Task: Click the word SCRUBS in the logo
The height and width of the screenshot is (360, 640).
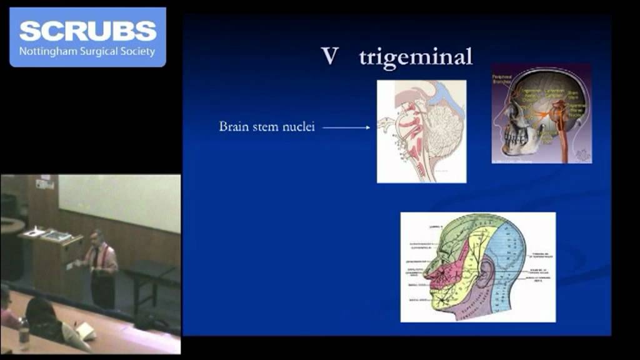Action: pyautogui.click(x=87, y=30)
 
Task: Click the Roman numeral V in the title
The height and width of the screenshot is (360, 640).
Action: pyautogui.click(x=329, y=56)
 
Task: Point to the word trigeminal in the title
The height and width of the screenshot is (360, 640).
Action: pyautogui.click(x=416, y=57)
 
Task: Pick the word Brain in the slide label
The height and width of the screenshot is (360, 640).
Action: pyautogui.click(x=232, y=127)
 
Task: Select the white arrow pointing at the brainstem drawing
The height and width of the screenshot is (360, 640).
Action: pyautogui.click(x=347, y=127)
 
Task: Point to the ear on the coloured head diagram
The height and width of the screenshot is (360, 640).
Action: pyautogui.click(x=486, y=272)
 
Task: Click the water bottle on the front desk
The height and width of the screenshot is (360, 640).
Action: pyautogui.click(x=24, y=334)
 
